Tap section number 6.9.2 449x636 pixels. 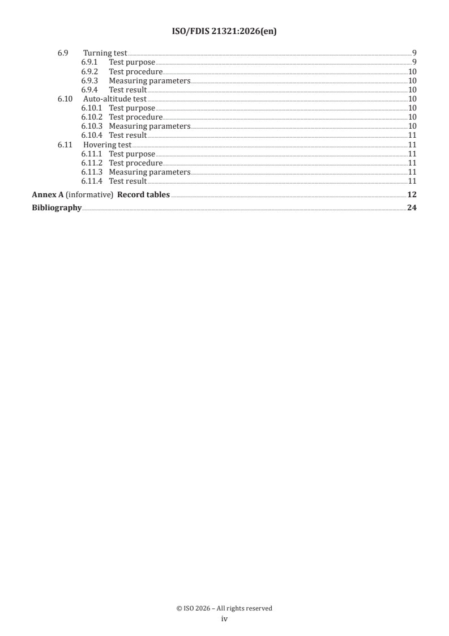[89, 71]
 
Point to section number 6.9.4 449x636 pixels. [89, 90]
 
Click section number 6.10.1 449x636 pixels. [91, 108]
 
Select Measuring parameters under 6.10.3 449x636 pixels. [149, 126]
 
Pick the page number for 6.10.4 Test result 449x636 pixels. [413, 135]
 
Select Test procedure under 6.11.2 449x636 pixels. [136, 163]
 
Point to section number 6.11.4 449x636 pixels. [91, 181]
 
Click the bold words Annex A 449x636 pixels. [48, 195]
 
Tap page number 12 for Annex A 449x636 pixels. [412, 195]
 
